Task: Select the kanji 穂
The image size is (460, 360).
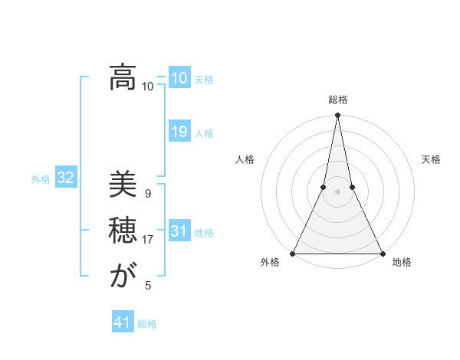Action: tap(123, 231)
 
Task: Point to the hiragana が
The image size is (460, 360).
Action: tap(123, 276)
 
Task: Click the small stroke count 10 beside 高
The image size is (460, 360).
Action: tap(147, 87)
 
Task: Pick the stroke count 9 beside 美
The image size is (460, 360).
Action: tap(147, 194)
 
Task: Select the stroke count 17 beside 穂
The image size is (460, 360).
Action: tap(147, 240)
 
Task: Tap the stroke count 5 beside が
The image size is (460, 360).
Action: tap(148, 286)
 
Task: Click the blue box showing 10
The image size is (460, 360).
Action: tap(179, 78)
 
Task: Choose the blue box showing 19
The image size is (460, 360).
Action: tap(179, 132)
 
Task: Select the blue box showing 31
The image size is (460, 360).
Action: tap(179, 231)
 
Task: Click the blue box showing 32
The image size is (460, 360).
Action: tap(65, 178)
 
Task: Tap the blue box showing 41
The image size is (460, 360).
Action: tap(123, 322)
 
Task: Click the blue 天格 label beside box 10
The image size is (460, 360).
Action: tap(204, 80)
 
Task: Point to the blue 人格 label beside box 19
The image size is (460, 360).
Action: tap(204, 133)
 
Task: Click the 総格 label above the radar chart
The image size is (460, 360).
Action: tap(337, 100)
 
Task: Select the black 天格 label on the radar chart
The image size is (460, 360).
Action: tap(431, 159)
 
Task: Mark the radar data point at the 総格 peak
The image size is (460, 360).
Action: tap(337, 116)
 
